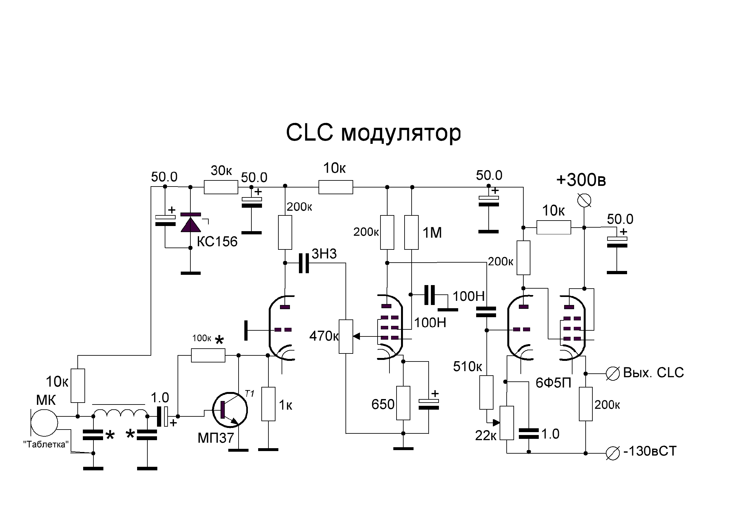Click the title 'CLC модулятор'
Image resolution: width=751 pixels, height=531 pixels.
[x=373, y=133]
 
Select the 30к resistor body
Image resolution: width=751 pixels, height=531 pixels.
[x=221, y=187]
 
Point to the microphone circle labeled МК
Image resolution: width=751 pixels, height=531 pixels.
[x=44, y=422]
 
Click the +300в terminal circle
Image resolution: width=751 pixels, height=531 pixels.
[x=584, y=200]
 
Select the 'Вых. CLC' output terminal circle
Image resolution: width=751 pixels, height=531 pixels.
[x=613, y=373]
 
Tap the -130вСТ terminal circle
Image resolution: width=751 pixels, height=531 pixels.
[x=613, y=453]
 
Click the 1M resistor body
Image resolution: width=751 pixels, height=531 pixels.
[x=412, y=232]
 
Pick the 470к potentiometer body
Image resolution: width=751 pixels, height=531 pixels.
[x=346, y=336]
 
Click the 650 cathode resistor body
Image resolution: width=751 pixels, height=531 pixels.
[x=403, y=403]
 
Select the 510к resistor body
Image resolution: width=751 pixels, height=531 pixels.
[x=486, y=392]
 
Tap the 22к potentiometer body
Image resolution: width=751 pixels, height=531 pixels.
[x=507, y=423]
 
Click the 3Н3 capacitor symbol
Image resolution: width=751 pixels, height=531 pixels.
[x=304, y=263]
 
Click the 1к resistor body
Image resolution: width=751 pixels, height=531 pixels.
[x=268, y=404]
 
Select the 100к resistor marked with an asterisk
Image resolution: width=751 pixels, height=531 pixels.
[x=208, y=355]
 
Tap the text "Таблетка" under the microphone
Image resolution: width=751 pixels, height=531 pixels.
[x=46, y=444]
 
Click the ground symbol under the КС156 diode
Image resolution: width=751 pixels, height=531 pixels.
[x=191, y=273]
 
